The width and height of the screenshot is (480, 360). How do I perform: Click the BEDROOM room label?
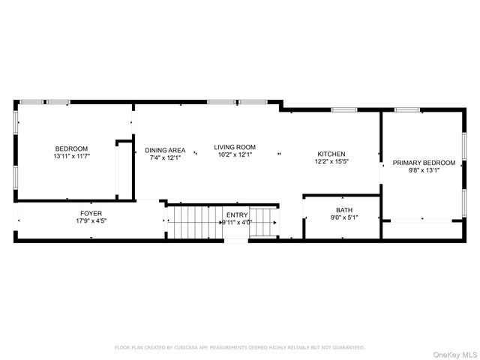(x=71, y=148)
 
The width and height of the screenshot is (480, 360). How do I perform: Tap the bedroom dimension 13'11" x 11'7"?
(x=71, y=156)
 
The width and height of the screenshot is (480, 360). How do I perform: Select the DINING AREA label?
(x=165, y=150)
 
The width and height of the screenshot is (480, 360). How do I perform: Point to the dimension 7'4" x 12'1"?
(x=165, y=158)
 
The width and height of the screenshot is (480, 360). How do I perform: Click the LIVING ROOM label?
(x=235, y=147)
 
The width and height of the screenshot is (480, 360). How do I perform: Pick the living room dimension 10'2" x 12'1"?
(x=235, y=155)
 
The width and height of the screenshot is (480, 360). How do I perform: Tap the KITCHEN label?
(x=331, y=154)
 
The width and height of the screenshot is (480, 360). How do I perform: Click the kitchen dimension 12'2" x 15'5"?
(x=331, y=162)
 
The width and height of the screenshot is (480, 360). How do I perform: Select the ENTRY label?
(x=237, y=214)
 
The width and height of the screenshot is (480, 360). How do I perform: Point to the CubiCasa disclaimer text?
(x=240, y=347)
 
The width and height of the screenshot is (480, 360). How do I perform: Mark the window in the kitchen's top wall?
(x=344, y=110)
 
